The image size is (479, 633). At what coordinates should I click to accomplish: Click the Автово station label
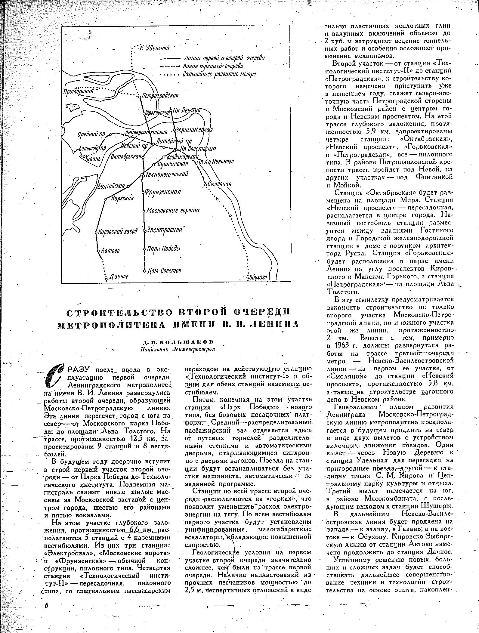(x=110, y=250)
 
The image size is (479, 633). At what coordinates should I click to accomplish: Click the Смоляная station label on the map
(x=219, y=184)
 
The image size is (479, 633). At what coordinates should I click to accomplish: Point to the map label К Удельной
(x=155, y=48)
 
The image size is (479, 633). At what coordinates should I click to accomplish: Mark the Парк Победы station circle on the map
(x=145, y=249)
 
